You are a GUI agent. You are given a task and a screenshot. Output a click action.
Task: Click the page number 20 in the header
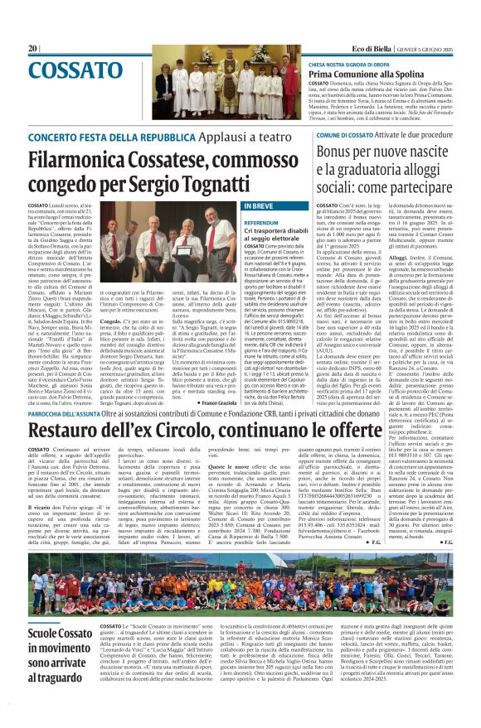click(33, 48)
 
